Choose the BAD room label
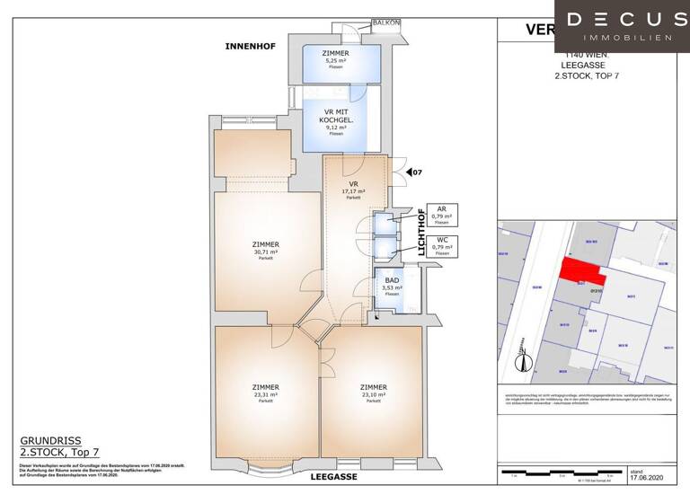point(392,281)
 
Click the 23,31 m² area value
point(266,393)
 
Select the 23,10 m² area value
point(373,393)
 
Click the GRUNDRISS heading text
point(50,441)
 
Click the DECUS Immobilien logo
point(621,26)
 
